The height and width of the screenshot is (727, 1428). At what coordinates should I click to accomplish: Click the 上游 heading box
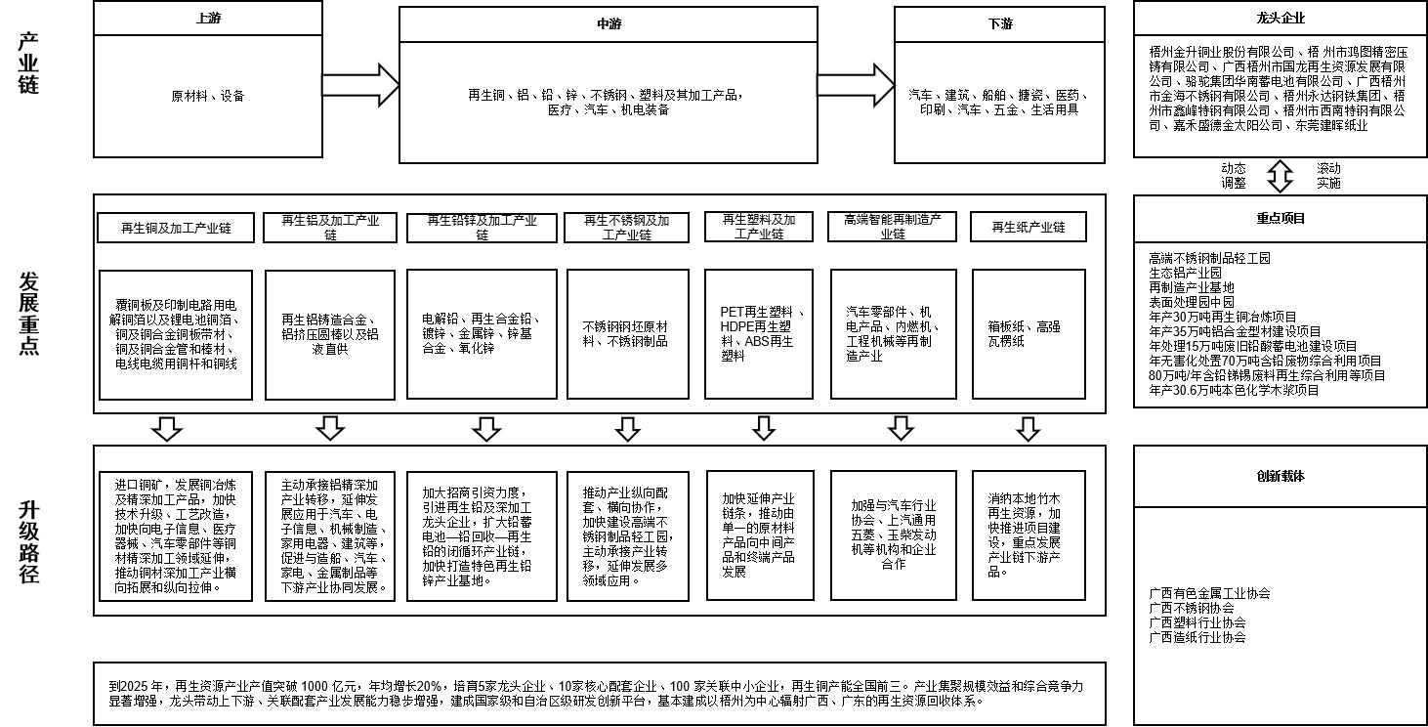(208, 18)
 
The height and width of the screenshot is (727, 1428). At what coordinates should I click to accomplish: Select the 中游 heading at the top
(608, 23)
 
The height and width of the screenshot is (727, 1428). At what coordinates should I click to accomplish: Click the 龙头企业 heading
(1281, 18)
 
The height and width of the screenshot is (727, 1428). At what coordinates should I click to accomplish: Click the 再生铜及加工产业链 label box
(176, 228)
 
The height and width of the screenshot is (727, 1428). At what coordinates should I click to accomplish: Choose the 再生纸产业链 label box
(1028, 228)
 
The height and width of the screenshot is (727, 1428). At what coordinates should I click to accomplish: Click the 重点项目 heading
(1281, 219)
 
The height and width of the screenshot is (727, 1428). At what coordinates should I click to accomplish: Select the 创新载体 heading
(1281, 477)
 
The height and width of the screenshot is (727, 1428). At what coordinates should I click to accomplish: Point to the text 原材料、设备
(208, 97)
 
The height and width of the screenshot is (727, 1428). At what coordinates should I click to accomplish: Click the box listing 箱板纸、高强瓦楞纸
(1029, 333)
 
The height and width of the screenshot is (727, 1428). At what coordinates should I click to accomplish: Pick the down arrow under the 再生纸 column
(1028, 428)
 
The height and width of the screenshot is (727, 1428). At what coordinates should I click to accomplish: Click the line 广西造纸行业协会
(1197, 637)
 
